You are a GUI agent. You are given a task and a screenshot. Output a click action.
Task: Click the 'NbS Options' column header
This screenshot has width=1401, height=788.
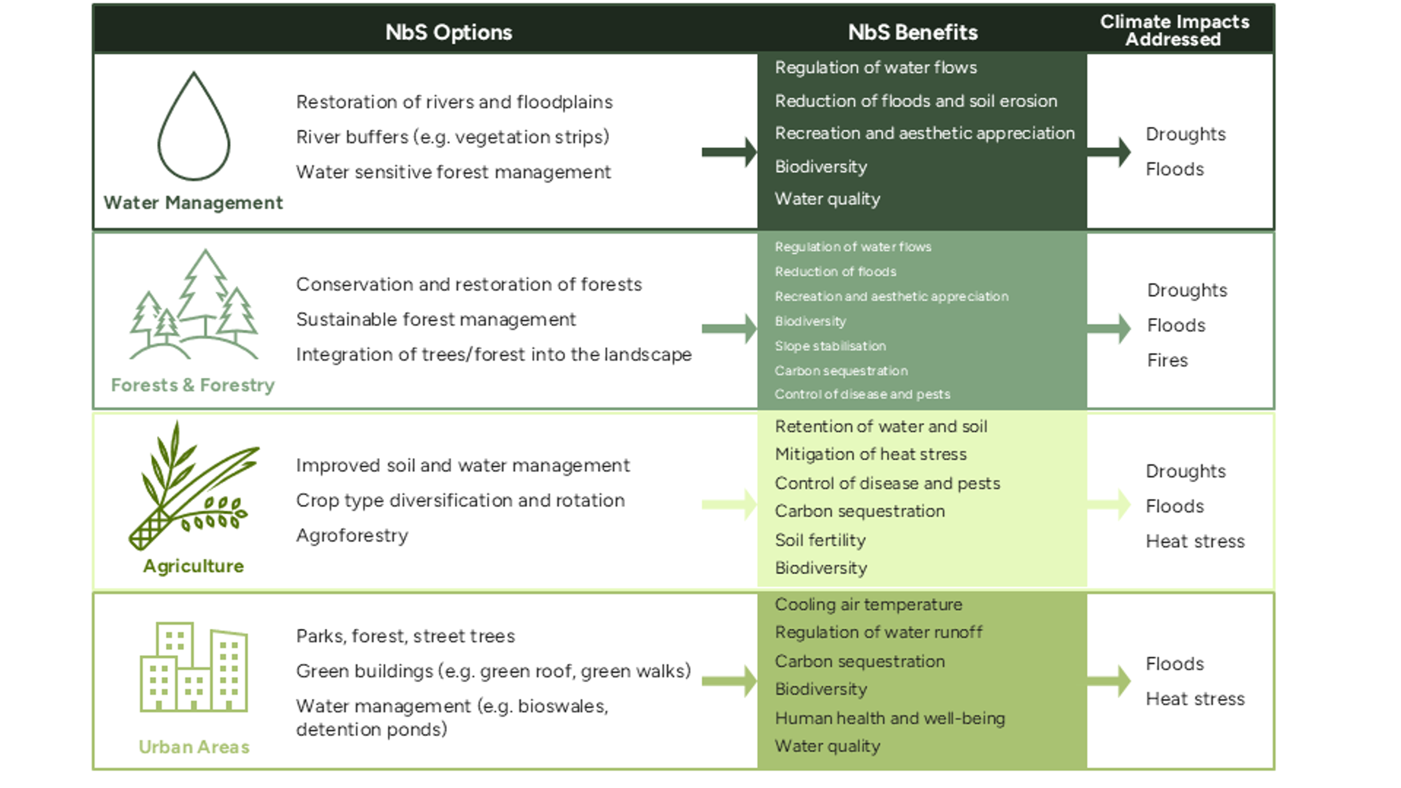tap(449, 32)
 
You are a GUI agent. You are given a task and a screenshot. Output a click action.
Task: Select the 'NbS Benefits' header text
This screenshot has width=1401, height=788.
tap(913, 32)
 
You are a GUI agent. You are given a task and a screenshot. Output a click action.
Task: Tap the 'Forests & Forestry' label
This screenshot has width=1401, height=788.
tap(192, 385)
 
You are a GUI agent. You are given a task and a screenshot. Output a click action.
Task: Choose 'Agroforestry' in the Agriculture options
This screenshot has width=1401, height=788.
tap(352, 535)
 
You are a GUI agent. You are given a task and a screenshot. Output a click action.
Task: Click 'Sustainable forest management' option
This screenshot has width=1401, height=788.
tap(436, 320)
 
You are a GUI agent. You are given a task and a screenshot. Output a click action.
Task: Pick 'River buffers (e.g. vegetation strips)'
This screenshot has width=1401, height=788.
tap(453, 137)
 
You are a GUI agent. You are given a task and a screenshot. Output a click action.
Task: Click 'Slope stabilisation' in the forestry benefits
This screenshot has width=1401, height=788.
tap(830, 346)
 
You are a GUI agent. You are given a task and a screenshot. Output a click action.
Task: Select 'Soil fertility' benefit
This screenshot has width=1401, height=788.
tap(820, 541)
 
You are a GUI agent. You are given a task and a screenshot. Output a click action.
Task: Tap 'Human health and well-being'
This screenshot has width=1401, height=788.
tap(890, 718)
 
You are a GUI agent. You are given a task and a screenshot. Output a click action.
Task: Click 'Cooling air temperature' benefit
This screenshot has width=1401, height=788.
tap(868, 605)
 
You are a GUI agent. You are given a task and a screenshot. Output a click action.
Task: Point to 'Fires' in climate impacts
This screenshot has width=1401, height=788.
tap(1167, 360)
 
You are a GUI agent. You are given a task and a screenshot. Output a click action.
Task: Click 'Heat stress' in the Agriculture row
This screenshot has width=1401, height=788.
tap(1195, 542)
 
